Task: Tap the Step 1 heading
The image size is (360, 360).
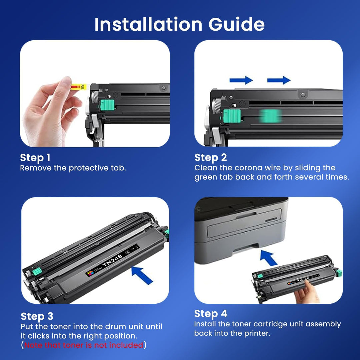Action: pyautogui.click(x=35, y=158)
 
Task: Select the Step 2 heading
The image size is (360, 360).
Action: pyautogui.click(x=211, y=157)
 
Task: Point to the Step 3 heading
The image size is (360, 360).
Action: pyautogui.click(x=37, y=316)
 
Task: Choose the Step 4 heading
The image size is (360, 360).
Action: pyautogui.click(x=211, y=314)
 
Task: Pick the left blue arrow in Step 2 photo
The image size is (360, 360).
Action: pyautogui.click(x=241, y=80)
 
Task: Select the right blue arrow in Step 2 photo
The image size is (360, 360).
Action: pyautogui.click(x=279, y=80)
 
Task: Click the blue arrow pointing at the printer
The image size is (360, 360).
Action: pyautogui.click(x=268, y=257)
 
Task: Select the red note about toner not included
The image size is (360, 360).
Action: pyautogui.click(x=84, y=345)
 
